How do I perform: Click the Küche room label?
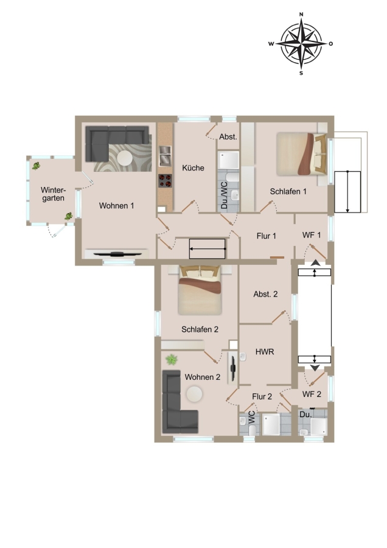[x=193, y=168]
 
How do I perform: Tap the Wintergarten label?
[x=53, y=194]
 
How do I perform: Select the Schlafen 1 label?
[x=288, y=192]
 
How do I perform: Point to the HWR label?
[x=265, y=351]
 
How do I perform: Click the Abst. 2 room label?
[x=265, y=294]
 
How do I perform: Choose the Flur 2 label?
[x=262, y=396]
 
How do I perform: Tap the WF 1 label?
[x=312, y=235]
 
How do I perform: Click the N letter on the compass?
[x=301, y=15]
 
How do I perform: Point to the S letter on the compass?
[x=301, y=74]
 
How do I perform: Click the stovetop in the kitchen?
[x=165, y=181]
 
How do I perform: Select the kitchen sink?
[x=165, y=155]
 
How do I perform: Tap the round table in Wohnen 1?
[x=125, y=158]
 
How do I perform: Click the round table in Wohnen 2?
[x=194, y=394]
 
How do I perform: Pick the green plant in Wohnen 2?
[x=172, y=359]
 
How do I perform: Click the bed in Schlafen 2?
[x=200, y=290]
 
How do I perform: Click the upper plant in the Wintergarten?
[x=36, y=166]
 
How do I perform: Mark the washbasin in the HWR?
[x=243, y=356]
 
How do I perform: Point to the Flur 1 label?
[x=267, y=236]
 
